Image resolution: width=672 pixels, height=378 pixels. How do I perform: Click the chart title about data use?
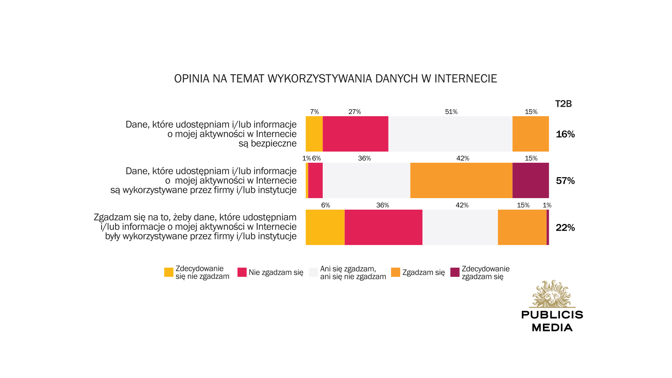[335, 79]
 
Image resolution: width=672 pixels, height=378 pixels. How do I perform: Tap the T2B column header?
[563, 104]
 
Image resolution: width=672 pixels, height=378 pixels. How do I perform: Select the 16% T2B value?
[565, 134]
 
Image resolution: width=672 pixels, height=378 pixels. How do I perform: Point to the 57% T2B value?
[565, 181]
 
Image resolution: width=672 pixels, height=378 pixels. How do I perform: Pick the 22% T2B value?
[565, 227]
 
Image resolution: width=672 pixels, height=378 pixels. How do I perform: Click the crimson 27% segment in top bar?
[355, 134]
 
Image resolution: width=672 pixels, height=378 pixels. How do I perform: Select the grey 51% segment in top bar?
[450, 134]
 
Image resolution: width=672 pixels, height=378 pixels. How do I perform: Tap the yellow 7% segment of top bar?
[314, 134]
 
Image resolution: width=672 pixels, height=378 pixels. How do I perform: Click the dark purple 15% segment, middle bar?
[530, 180]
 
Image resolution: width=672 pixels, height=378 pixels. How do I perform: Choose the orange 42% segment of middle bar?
[461, 180]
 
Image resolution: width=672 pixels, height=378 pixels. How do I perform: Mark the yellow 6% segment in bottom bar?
[325, 227]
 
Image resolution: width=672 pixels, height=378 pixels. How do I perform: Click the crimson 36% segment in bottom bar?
[383, 227]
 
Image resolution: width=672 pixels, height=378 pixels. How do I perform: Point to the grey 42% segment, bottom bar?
[460, 227]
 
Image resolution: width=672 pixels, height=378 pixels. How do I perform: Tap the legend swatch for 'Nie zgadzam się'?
[242, 272]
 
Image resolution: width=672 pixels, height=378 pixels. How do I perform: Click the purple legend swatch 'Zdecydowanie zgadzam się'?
[455, 272]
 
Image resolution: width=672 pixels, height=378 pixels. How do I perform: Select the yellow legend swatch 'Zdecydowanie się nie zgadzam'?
[169, 272]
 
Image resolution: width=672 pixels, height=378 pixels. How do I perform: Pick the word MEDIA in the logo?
[552, 328]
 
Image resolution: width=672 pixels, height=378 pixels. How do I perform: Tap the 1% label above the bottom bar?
[547, 205]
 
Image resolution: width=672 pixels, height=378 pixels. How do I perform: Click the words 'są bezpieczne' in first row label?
[267, 143]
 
